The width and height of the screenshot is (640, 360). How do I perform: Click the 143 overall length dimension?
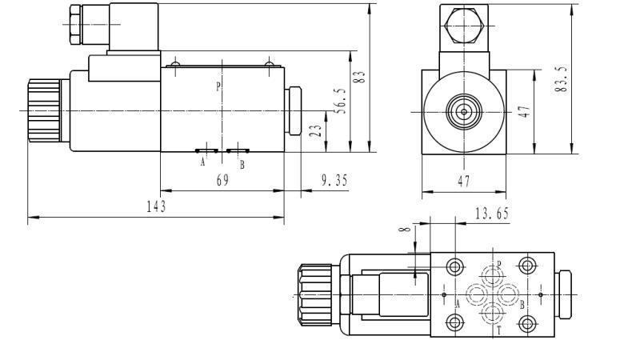pos(156,206)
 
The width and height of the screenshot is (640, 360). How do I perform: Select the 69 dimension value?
pos(222,181)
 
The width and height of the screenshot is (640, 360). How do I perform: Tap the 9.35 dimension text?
pos(334,181)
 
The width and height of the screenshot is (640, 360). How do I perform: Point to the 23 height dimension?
pos(317,130)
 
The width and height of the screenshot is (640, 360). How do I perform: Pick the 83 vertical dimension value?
pos(361,78)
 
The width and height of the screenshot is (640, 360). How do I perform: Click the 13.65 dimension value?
pos(491,213)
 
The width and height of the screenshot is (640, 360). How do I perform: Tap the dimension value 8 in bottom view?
pos(406,232)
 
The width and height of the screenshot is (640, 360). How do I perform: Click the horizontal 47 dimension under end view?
pos(464,182)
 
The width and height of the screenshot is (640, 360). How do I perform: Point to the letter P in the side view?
pos(218,86)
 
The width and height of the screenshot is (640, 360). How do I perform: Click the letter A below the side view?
pos(203,163)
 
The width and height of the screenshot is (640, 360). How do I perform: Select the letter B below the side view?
pos(242,164)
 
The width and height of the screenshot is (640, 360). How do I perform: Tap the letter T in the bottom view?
pos(498,330)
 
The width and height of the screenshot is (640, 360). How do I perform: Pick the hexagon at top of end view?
pos(465,24)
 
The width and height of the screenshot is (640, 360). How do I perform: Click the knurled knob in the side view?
pos(42,110)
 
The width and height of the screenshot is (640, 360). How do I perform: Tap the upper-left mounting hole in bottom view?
pos(456,266)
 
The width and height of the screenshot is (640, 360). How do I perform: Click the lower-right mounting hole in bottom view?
pos(526,323)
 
